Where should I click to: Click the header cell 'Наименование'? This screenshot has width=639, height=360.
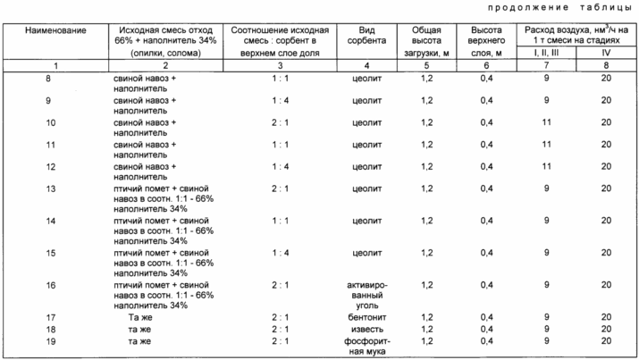tap(55, 30)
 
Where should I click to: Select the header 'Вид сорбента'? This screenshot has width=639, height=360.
tap(366, 36)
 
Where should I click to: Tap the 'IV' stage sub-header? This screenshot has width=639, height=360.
tap(606, 53)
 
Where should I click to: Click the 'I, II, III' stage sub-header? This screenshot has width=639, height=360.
tap(546, 53)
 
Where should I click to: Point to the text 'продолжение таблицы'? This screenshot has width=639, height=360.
tap(559, 7)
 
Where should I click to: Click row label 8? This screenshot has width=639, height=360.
tap(48, 79)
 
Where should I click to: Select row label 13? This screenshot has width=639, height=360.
tap(51, 188)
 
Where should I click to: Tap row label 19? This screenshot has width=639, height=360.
tap(51, 341)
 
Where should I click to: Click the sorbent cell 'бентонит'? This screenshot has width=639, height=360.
tap(367, 317)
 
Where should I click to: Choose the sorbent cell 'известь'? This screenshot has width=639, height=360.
tap(367, 329)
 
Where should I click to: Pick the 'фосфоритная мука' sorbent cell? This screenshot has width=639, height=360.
tap(367, 347)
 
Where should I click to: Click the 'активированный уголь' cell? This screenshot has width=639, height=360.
tap(367, 296)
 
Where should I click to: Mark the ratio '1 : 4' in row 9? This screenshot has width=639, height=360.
tap(281, 100)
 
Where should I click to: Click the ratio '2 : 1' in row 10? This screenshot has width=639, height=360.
tap(281, 122)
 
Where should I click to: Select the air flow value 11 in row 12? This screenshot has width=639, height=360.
tap(546, 166)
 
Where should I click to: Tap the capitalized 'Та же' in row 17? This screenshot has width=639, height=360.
tap(140, 317)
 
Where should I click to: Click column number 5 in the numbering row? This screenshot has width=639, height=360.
tap(426, 65)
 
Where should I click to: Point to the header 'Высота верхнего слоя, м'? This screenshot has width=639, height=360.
tap(486, 41)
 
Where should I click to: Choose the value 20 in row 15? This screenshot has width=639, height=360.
tap(606, 253)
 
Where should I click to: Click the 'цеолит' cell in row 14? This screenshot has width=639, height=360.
tap(367, 221)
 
